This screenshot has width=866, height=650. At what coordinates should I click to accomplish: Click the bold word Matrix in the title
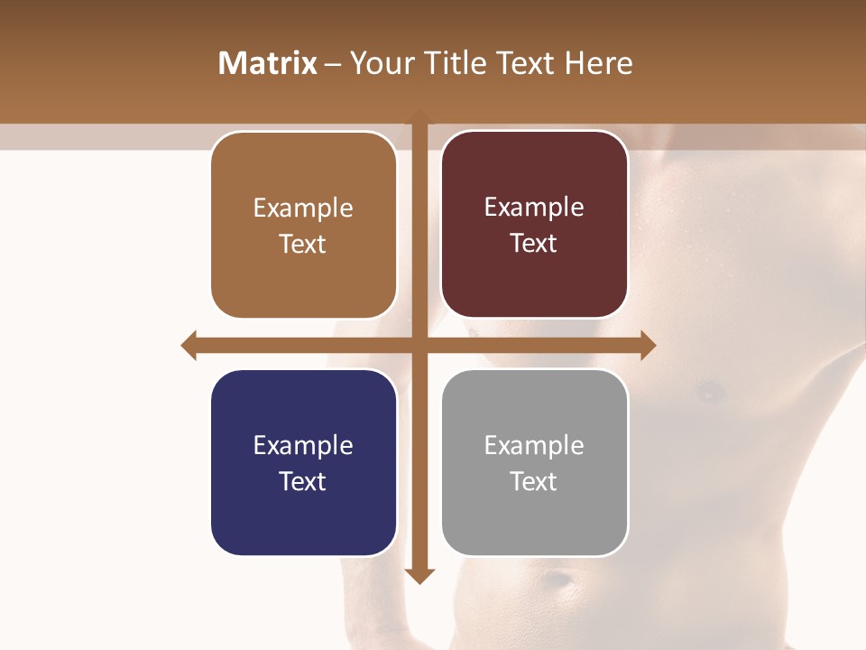268,63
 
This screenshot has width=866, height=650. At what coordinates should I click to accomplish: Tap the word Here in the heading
598,63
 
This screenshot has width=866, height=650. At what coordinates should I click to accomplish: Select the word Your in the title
379,63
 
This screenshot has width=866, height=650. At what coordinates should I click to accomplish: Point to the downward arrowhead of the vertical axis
420,575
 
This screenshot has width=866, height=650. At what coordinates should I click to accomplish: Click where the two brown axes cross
420,345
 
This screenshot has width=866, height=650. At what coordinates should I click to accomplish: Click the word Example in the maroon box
534,208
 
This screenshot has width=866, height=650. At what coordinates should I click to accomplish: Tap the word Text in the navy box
302,481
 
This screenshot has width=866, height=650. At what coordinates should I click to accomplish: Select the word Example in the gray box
534,445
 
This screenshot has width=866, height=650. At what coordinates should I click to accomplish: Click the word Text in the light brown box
302,244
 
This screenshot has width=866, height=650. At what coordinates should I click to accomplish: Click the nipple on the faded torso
710,391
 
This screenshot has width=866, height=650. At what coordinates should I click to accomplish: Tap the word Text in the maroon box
534,244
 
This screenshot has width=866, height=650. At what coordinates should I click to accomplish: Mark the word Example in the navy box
302,445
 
